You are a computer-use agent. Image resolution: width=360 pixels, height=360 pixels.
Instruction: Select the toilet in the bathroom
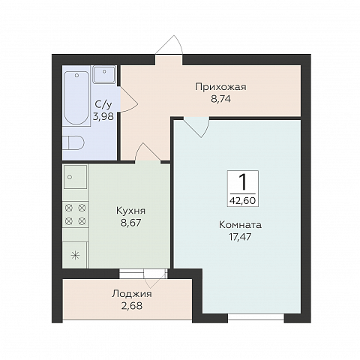click(73, 142)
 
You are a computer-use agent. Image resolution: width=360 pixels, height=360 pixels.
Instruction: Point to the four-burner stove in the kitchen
click(76, 214)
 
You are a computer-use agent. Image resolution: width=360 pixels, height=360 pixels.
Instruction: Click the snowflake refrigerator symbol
click(75, 254)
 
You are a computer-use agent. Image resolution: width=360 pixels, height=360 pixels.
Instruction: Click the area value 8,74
click(220, 98)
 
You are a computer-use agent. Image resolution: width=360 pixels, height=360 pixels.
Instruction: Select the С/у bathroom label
click(103, 106)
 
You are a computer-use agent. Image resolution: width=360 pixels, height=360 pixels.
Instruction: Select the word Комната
click(240, 224)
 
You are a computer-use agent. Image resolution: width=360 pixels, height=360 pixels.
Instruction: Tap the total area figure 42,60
click(242, 199)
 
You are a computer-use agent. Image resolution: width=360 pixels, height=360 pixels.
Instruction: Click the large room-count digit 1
click(242, 181)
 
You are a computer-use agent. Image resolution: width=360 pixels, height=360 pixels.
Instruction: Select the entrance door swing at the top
click(169, 45)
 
